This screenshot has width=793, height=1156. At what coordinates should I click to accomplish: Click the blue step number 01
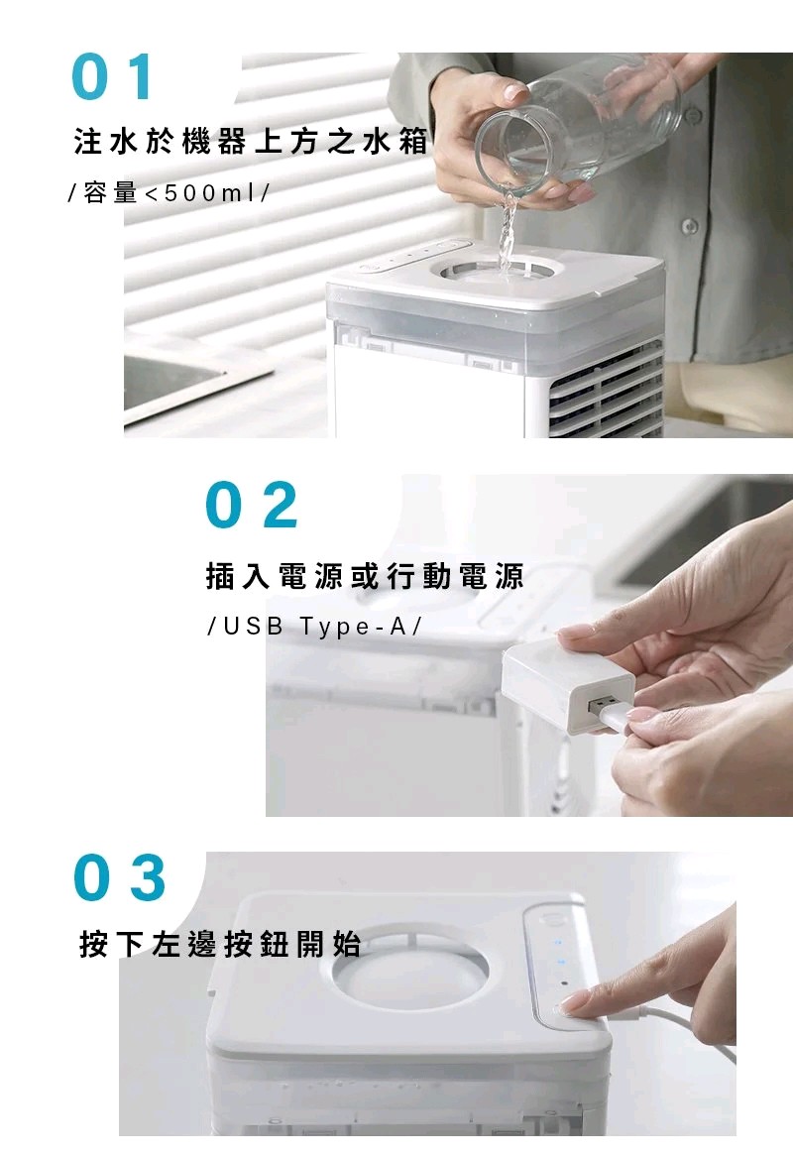pyautogui.click(x=113, y=76)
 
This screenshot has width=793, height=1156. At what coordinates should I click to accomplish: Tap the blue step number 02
pyautogui.click(x=252, y=505)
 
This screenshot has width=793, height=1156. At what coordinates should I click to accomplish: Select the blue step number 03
pyautogui.click(x=119, y=877)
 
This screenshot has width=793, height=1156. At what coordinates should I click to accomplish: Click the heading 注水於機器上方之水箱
pyautogui.click(x=251, y=140)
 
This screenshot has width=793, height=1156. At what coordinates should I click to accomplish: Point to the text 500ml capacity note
pyautogui.click(x=169, y=193)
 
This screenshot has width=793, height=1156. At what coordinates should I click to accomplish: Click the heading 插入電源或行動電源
pyautogui.click(x=366, y=576)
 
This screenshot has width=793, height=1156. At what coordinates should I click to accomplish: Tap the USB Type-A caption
pyautogui.click(x=314, y=627)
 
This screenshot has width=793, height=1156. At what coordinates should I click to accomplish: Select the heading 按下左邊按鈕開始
pyautogui.click(x=220, y=944)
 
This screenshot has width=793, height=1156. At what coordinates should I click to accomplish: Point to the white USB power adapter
pyautogui.click(x=567, y=685)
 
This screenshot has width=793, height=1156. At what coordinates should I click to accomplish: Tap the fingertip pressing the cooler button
pyautogui.click(x=574, y=1001)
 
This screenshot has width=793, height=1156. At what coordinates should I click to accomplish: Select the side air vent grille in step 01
pyautogui.click(x=606, y=390)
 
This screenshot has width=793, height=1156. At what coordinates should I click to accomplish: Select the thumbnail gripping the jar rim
pyautogui.click(x=513, y=91)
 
